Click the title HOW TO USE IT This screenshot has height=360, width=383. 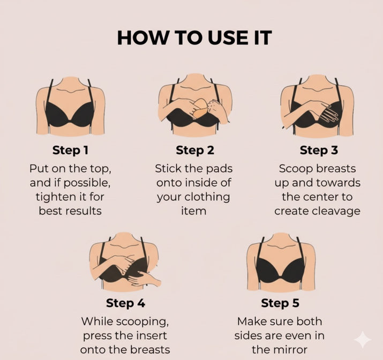pyautogui.click(x=194, y=38)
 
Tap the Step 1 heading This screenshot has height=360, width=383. pyautogui.click(x=70, y=150)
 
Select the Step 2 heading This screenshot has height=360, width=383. pyautogui.click(x=195, y=150)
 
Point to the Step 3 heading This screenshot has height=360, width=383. pyautogui.click(x=319, y=150)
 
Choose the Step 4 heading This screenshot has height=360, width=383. pyautogui.click(x=125, y=303)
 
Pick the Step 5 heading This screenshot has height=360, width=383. pyautogui.click(x=280, y=303)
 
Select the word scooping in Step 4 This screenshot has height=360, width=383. pyautogui.click(x=142, y=321)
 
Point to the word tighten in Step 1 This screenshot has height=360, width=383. pyautogui.click(x=55, y=197)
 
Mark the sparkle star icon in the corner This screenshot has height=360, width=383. pyautogui.click(x=363, y=340)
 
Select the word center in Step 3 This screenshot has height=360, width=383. pyautogui.click(x=320, y=197)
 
